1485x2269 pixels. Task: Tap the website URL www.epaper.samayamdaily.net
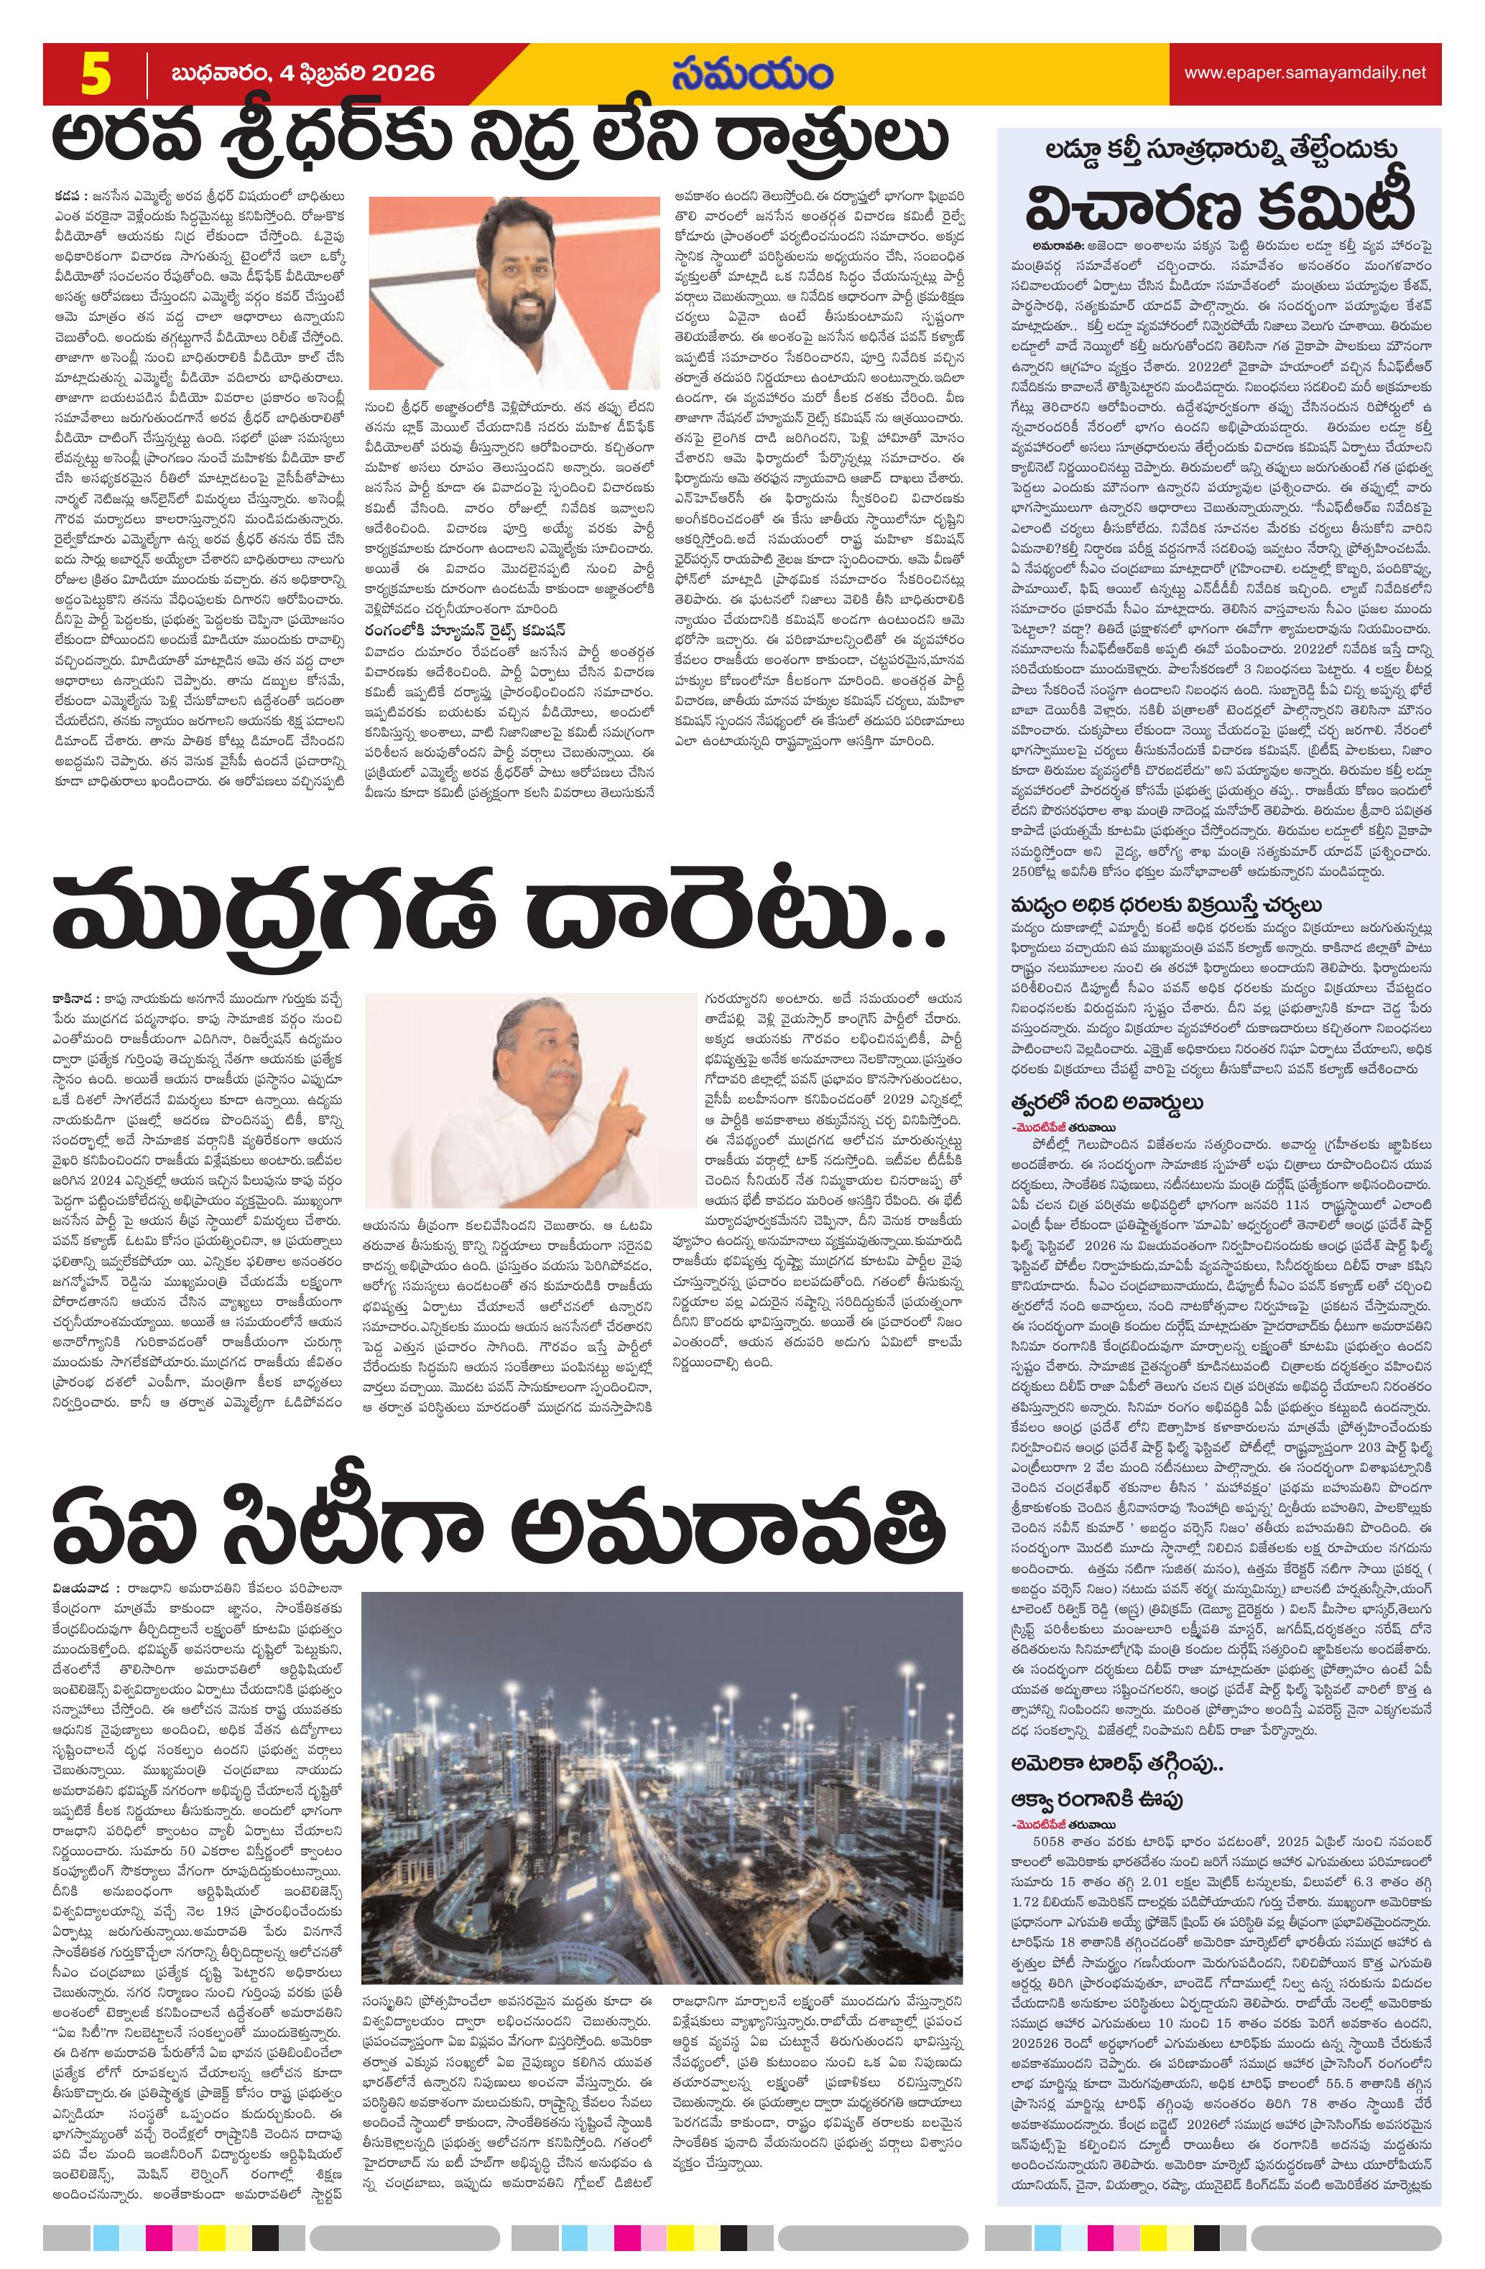pos(1304,73)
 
